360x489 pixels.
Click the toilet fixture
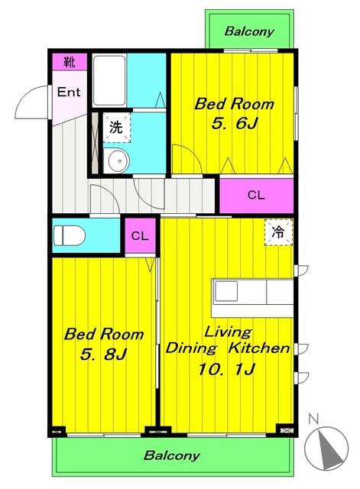70,236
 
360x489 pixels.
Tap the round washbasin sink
119,161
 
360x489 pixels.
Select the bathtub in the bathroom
109,81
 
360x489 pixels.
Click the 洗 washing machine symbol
116,128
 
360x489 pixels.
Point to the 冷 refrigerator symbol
278,232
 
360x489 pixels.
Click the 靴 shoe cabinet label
70,62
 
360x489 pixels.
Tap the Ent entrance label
69,92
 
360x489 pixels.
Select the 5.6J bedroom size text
235,124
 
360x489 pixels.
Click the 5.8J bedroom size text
103,354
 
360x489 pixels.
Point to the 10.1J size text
227,370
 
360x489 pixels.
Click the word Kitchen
259,348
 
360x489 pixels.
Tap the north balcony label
249,31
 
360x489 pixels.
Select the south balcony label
171,455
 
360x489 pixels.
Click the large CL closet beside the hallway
256,196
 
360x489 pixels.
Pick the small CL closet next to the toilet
140,236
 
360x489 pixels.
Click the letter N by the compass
313,419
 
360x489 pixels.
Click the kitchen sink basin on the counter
226,291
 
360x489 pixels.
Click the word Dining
191,348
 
